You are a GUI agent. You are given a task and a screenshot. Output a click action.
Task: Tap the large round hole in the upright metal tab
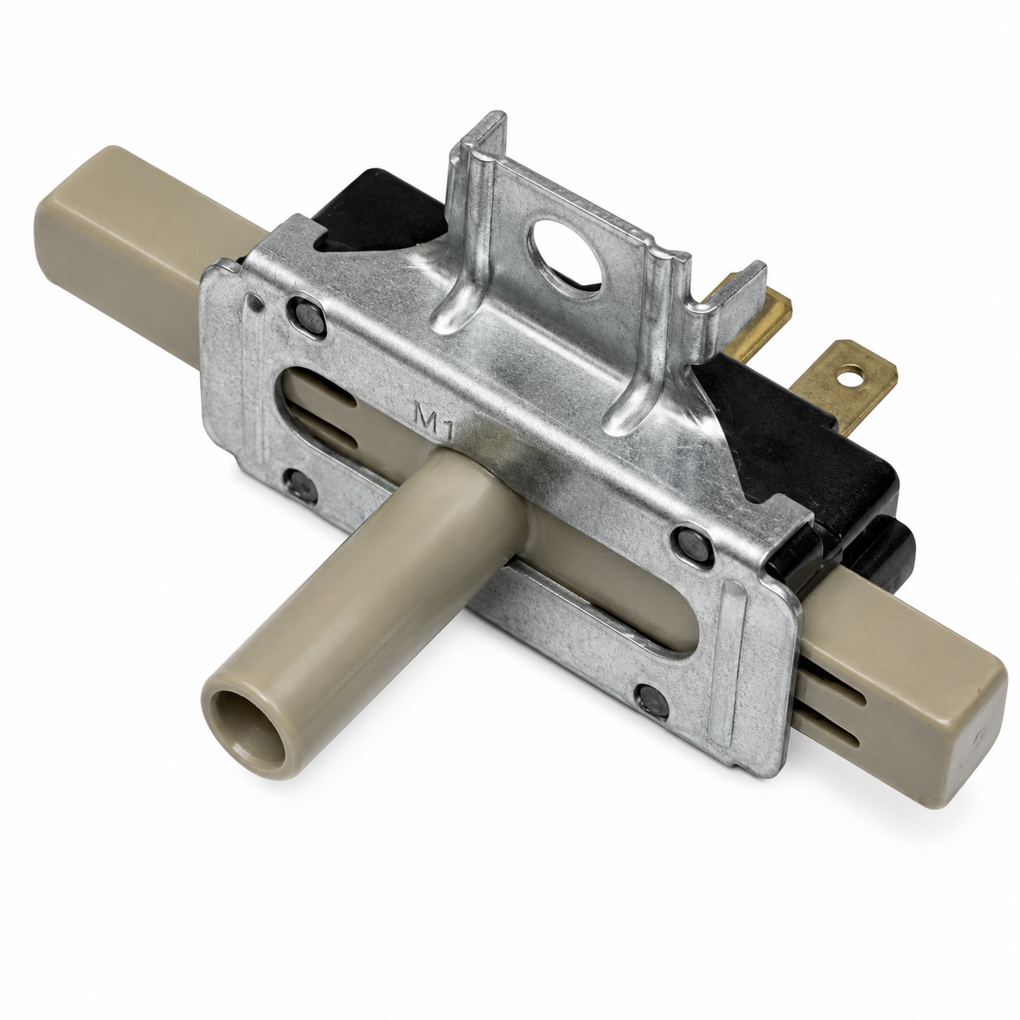click(569, 252)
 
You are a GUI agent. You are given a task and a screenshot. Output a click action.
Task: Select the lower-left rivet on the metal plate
click(300, 486)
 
